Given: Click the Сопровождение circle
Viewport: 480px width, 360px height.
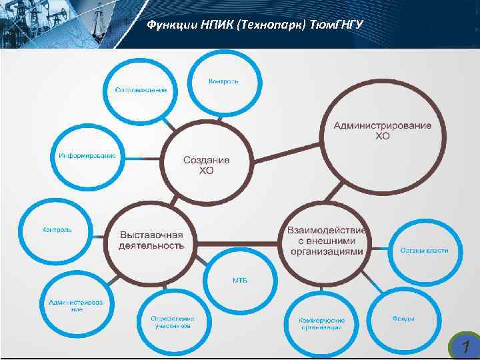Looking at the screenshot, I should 141,89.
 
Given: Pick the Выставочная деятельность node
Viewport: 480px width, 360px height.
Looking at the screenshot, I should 151,240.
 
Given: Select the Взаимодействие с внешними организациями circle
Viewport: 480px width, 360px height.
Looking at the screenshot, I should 327,241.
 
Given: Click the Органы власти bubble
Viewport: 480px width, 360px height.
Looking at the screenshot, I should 425,251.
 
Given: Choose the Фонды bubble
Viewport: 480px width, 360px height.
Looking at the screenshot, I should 403,318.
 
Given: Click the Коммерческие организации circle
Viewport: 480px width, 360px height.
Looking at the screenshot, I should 321,323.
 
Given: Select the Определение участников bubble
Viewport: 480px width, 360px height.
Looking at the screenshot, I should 173,323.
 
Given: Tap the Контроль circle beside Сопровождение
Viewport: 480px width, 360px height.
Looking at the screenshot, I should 223,81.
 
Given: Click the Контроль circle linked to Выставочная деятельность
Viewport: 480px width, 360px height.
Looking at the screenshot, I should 57,230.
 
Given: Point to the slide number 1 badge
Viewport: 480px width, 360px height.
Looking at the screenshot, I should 464,345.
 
